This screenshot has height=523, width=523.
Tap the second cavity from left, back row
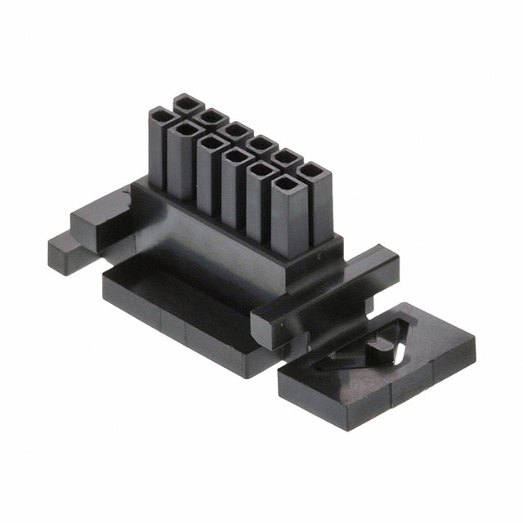point(212,116)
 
